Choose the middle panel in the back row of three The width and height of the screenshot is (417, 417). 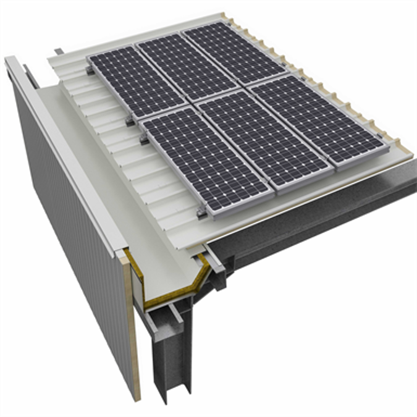(186, 67)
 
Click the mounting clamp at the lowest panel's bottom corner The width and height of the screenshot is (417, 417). (201, 213)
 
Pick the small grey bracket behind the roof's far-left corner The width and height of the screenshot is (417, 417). (58, 51)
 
